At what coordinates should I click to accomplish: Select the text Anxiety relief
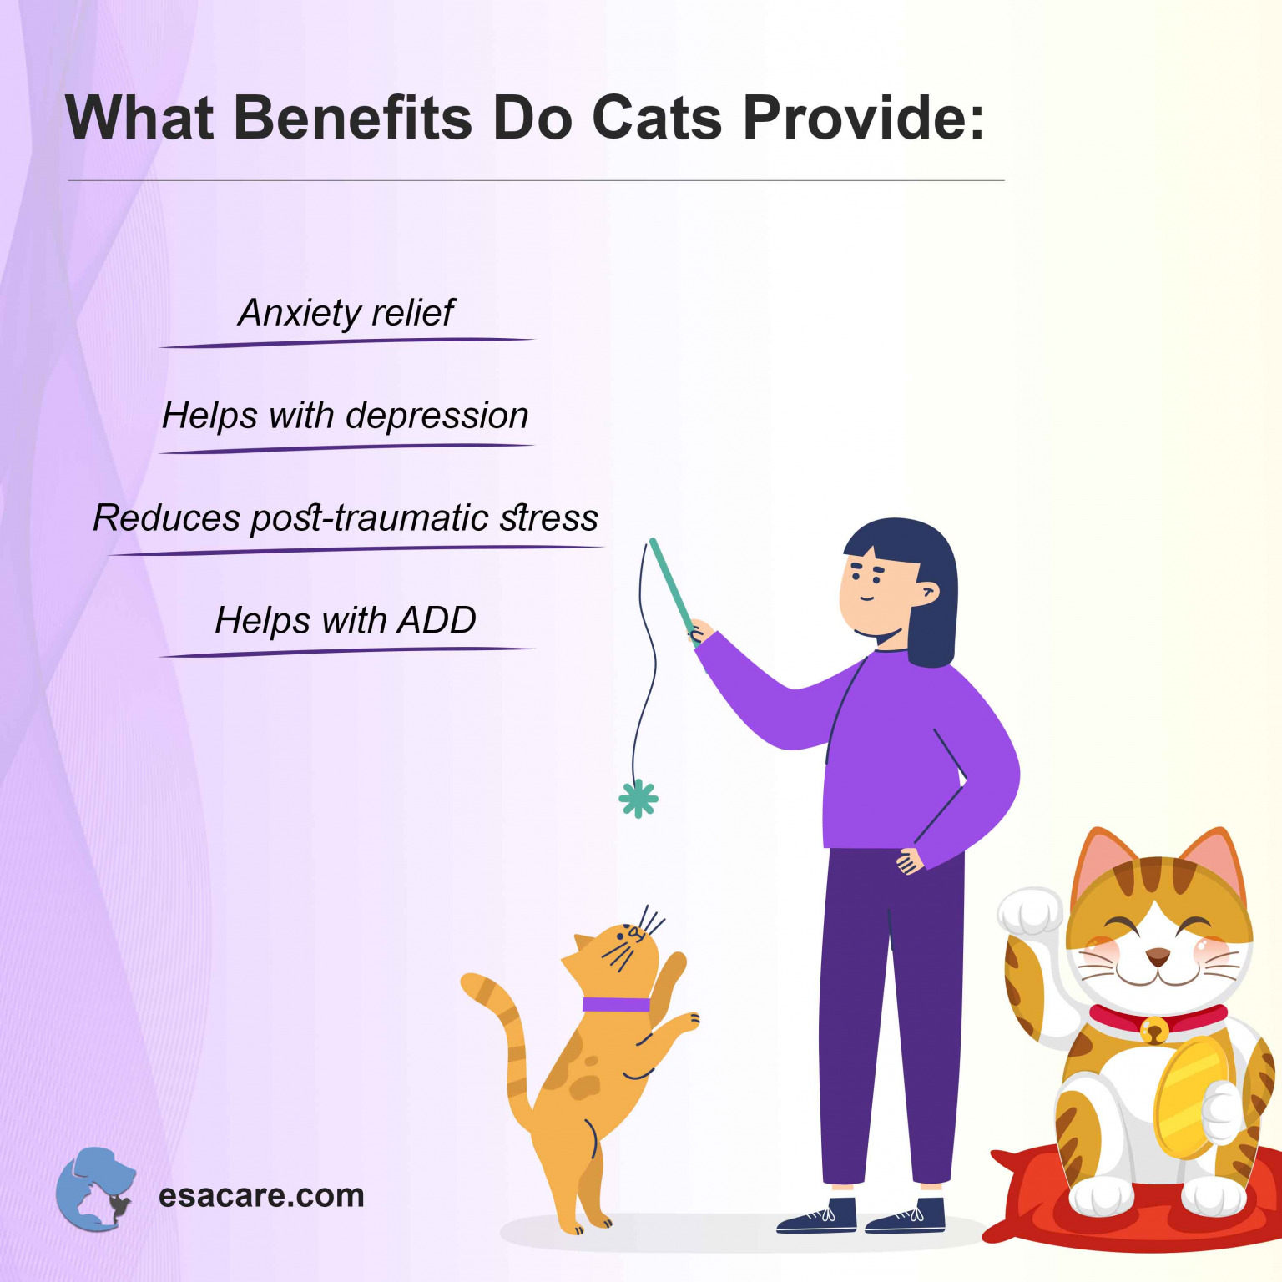click(346, 313)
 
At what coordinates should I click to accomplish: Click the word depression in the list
click(437, 416)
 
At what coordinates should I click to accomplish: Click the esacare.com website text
click(261, 1195)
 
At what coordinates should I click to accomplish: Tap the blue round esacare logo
click(95, 1189)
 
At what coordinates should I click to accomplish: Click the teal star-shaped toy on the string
click(638, 799)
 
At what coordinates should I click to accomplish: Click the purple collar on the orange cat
click(615, 1004)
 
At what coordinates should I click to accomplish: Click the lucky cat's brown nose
click(1157, 956)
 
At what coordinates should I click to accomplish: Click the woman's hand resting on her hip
click(910, 861)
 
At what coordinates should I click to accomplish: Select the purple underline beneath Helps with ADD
click(346, 651)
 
